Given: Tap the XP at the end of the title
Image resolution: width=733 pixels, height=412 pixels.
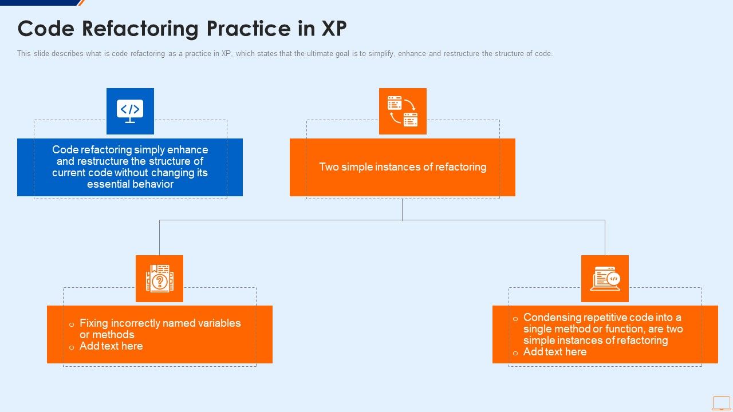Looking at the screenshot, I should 333,28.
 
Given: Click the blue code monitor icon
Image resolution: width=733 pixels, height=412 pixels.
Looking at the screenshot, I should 130,111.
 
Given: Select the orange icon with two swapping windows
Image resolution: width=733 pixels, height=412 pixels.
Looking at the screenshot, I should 403,111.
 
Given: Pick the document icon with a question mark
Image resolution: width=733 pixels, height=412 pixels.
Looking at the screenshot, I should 159,279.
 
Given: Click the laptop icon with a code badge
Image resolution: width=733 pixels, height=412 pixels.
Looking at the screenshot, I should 605,279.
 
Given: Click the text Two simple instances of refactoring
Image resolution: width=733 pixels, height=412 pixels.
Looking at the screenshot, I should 403,167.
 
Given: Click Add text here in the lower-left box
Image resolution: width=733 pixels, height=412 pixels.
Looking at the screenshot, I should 111,346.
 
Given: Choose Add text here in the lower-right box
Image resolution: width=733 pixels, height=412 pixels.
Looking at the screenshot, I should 555,352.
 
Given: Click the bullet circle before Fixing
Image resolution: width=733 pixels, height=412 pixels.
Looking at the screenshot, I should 72,324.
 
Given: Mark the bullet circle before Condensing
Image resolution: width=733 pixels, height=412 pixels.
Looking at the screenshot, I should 515,319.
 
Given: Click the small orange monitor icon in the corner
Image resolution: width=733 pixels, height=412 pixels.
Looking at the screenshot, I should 721,403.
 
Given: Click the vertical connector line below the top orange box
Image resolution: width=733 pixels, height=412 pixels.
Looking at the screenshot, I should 402,209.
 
